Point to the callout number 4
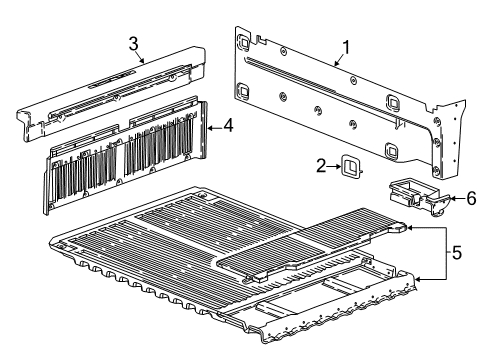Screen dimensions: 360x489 click(228, 126)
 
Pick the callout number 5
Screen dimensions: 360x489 click(456, 254)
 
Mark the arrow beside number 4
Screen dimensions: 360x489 click(213, 126)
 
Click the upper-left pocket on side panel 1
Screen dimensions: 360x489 click(243, 43)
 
